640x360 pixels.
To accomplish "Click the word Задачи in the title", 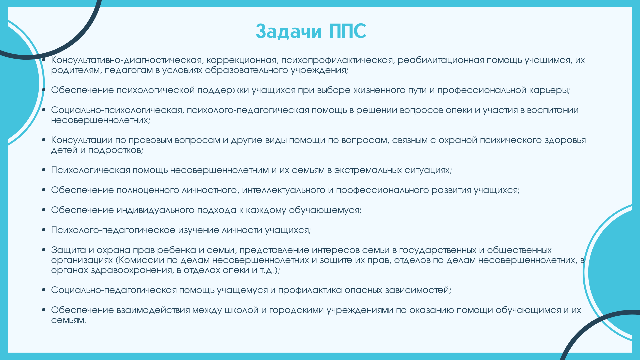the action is point(289,31).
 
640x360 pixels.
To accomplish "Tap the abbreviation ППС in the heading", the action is point(348,31).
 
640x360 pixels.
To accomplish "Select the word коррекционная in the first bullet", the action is point(242,60).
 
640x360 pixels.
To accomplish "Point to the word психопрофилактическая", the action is point(338,60).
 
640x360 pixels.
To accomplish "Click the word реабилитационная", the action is point(441,60).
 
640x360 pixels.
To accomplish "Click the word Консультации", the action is point(83,140).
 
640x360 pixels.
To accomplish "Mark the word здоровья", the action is point(565,140).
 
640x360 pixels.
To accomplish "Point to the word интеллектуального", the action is point(284,190).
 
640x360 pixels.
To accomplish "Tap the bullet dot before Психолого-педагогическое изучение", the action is point(44,230).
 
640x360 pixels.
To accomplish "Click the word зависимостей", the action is point(418,290).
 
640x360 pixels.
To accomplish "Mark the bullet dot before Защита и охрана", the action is point(44,250).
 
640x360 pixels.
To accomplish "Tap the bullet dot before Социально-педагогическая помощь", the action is point(44,290).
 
